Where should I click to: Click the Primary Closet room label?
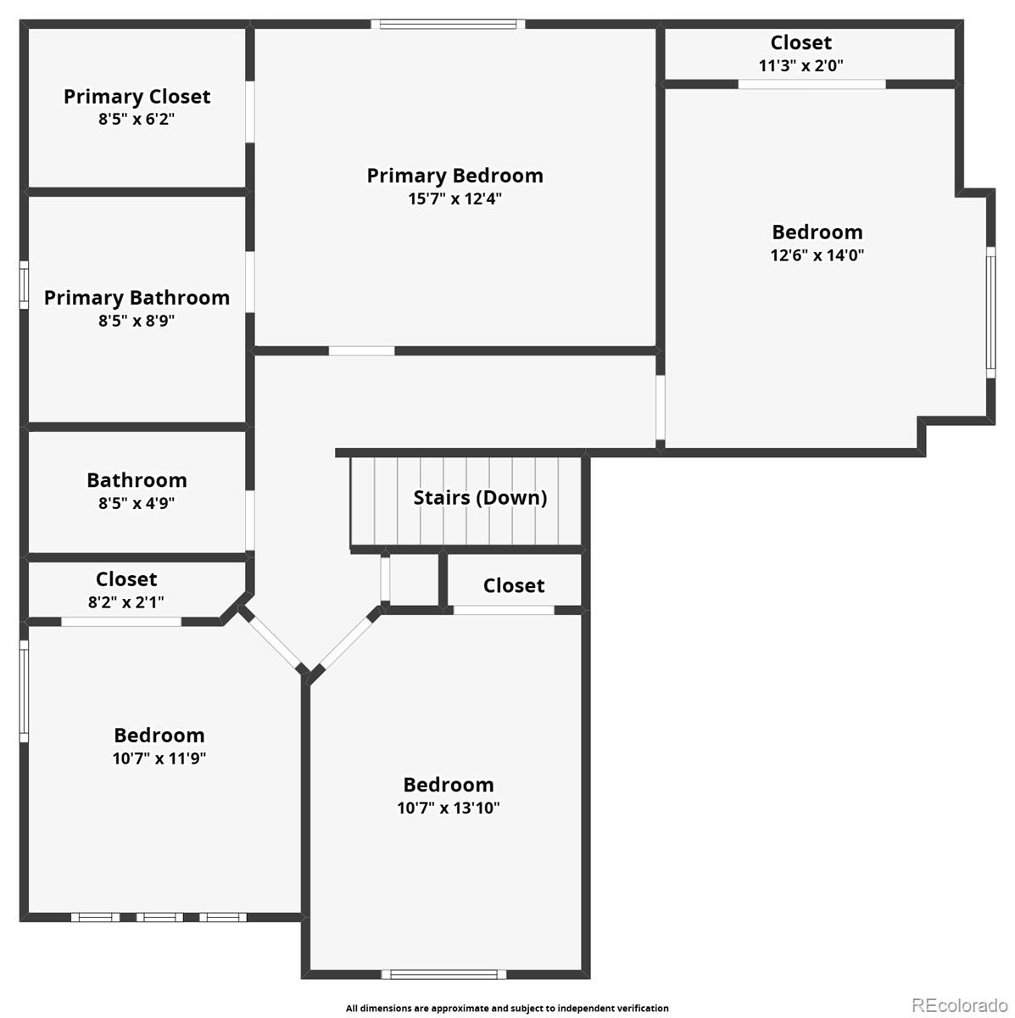pos(137,97)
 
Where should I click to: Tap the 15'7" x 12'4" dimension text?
pos(455,199)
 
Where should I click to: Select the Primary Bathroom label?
pos(137,298)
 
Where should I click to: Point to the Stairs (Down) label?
pos(480,498)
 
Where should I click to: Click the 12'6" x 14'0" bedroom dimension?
pos(817,255)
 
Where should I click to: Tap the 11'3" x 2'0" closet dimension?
pos(800,66)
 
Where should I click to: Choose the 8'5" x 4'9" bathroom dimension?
pos(137,503)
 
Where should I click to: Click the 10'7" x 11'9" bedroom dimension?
pos(159,758)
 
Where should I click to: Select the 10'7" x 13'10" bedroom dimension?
pos(449,808)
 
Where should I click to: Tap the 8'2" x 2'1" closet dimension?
pos(125,602)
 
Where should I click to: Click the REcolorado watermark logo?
pos(960,1004)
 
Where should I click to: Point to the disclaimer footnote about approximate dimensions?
pos(507,1008)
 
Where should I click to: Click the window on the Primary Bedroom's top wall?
pos(448,25)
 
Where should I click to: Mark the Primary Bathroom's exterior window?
pos(24,285)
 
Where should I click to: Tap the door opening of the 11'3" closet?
pos(811,84)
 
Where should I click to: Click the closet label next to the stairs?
pos(514,586)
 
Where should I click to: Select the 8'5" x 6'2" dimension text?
pos(137,120)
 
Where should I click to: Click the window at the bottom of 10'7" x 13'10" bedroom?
pos(443,974)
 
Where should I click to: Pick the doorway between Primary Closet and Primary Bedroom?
pos(250,111)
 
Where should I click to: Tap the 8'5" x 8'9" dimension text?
pos(137,322)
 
